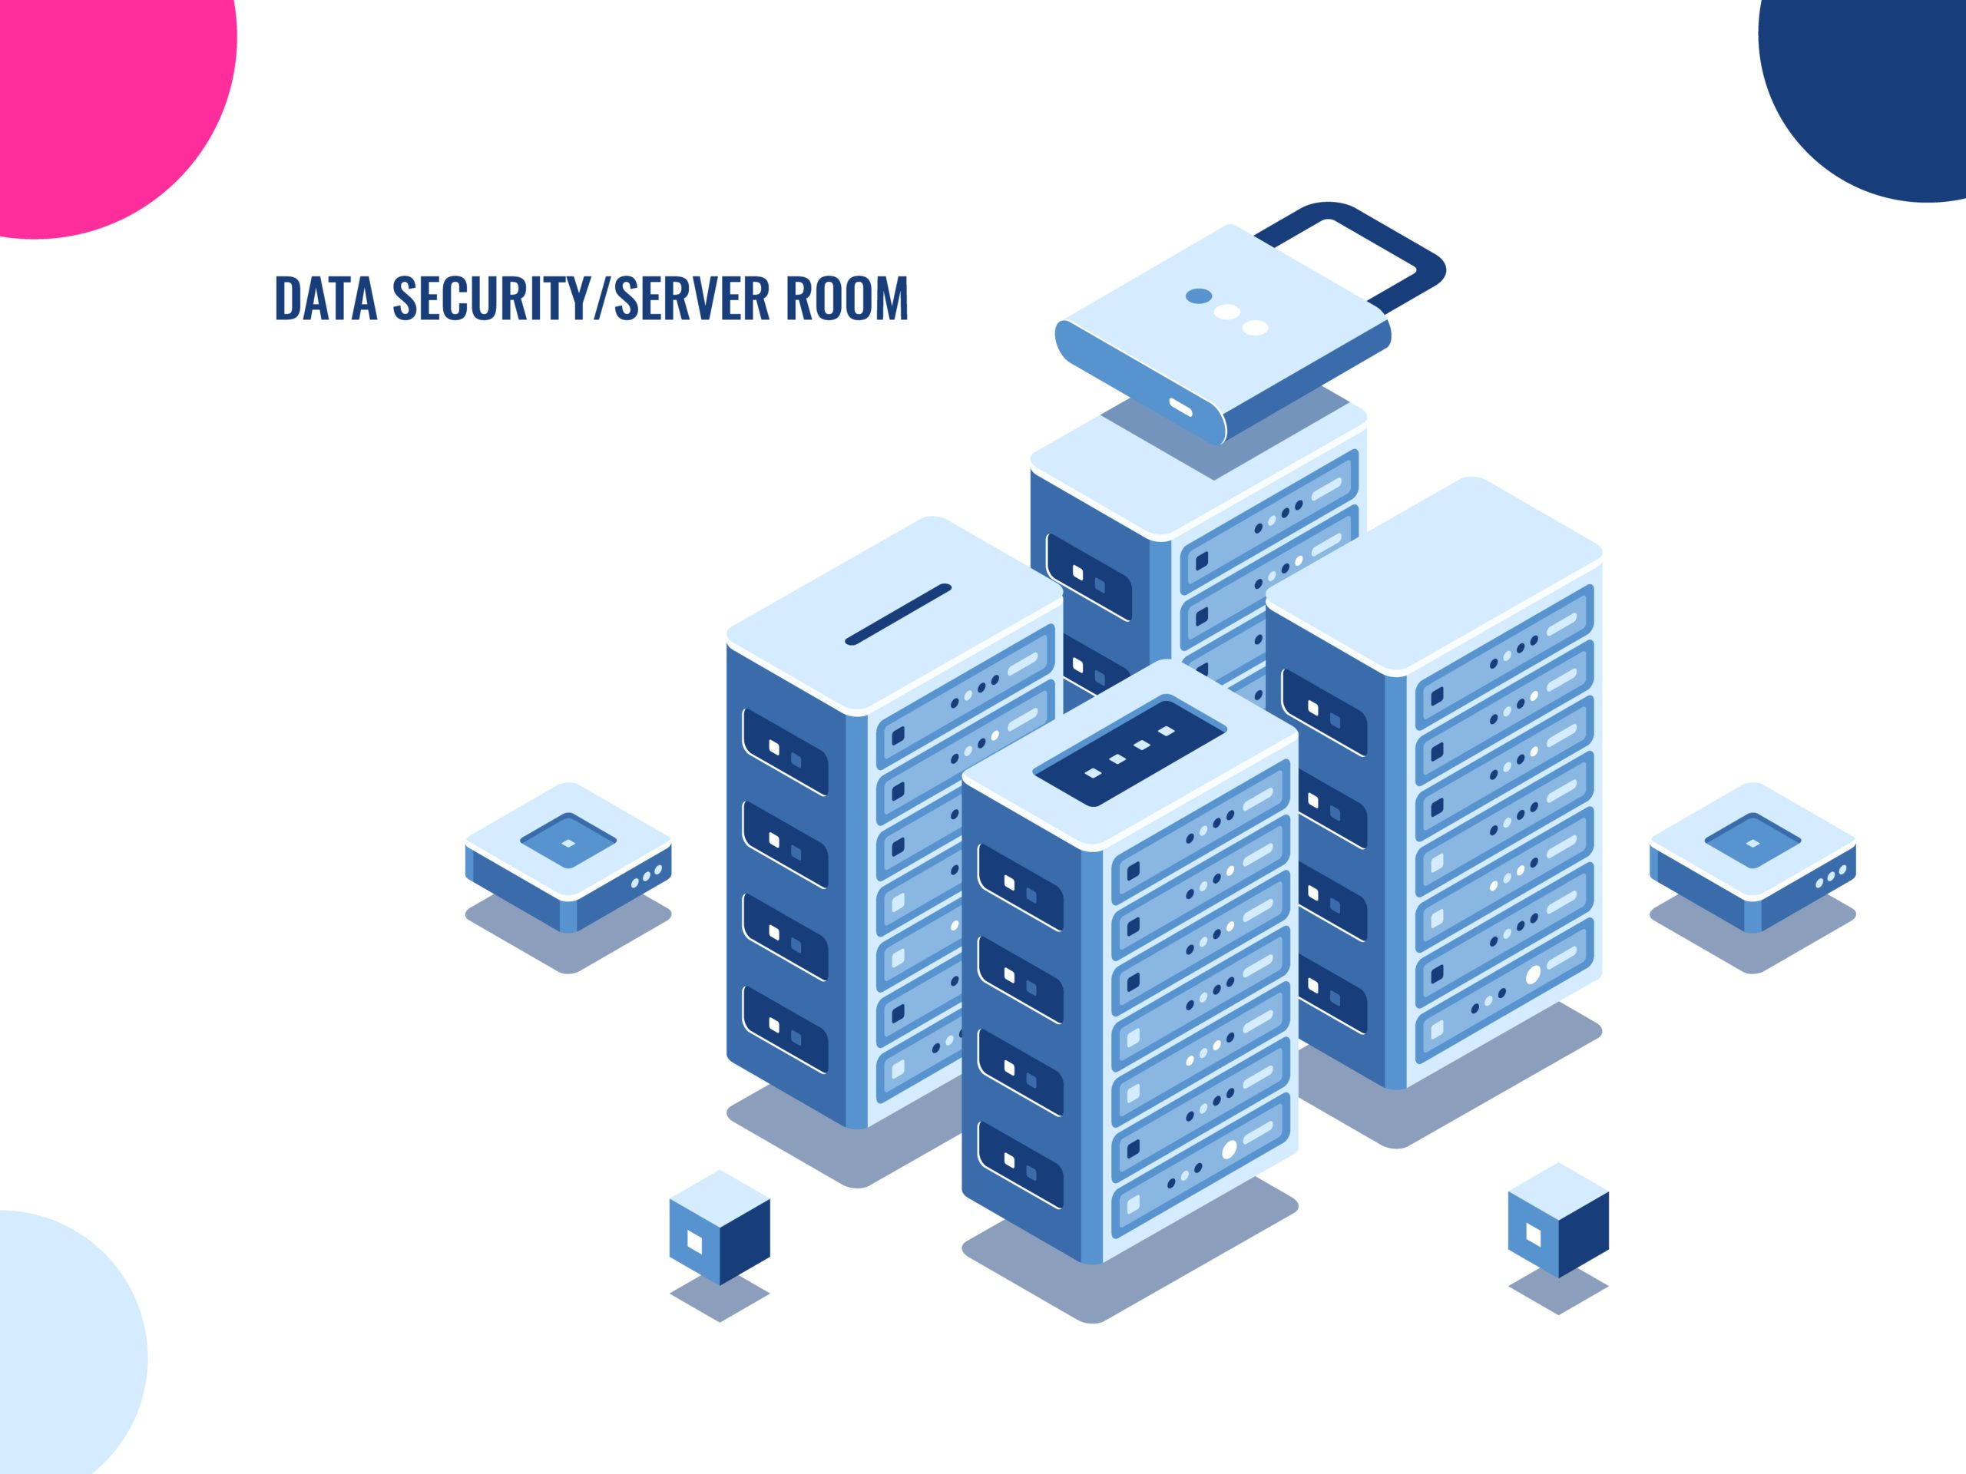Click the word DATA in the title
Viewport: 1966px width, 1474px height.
click(x=326, y=298)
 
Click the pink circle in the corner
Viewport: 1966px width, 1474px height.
click(x=98, y=97)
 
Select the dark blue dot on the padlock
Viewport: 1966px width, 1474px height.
click(x=1199, y=296)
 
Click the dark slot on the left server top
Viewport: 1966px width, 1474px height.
click(x=898, y=614)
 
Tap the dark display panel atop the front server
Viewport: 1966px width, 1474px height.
click(x=1130, y=752)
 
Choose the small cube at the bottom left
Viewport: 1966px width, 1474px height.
click(x=720, y=1227)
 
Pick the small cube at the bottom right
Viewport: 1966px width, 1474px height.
click(x=1558, y=1220)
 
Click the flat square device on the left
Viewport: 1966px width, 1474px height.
click(x=568, y=858)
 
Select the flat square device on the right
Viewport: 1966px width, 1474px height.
click(x=1753, y=858)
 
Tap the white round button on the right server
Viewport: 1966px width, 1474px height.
click(x=1533, y=975)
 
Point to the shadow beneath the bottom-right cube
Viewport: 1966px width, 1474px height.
click(x=1558, y=1290)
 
